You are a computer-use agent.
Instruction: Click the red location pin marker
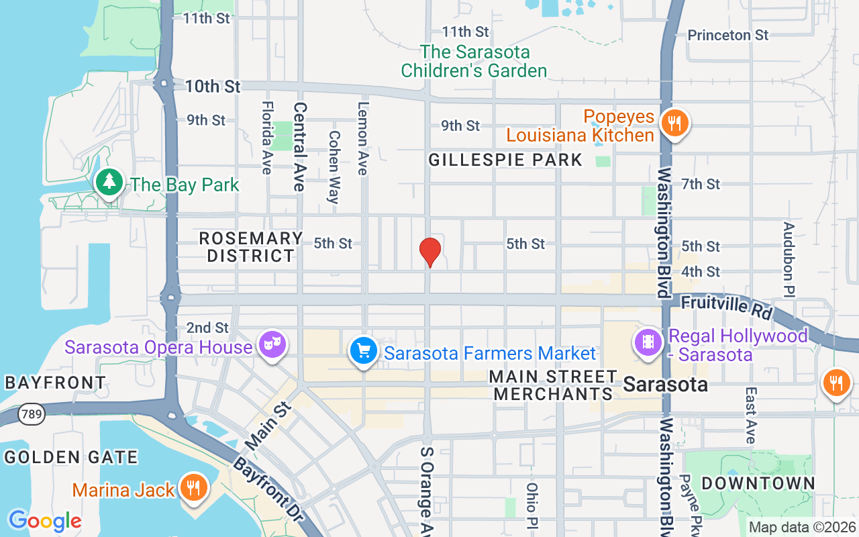pos(430,251)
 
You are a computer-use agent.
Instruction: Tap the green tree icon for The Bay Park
pos(108,182)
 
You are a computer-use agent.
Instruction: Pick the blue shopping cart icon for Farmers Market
pos(364,351)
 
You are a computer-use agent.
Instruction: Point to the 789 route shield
pos(32,414)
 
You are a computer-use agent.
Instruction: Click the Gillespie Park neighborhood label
pos(505,160)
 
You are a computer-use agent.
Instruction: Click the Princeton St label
pos(728,35)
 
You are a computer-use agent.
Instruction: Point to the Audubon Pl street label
pos(789,259)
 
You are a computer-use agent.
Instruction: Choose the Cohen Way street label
pos(334,166)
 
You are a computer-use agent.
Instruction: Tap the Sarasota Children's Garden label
pos(474,61)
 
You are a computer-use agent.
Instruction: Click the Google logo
pos(45,520)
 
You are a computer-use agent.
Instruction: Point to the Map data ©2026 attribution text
pos(802,528)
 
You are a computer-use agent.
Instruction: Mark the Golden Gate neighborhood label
pos(70,458)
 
